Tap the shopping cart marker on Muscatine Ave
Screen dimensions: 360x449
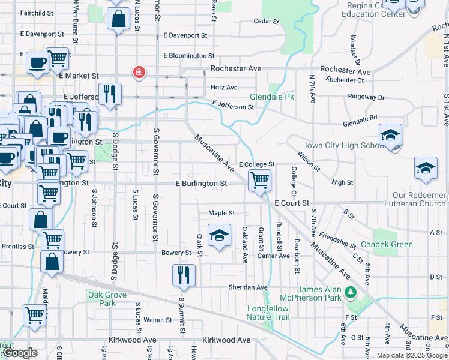(x=259, y=180)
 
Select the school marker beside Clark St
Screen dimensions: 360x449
(x=219, y=235)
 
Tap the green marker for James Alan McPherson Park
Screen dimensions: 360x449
(x=350, y=293)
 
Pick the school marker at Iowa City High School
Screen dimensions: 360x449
(x=390, y=136)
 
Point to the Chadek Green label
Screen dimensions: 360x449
(x=387, y=244)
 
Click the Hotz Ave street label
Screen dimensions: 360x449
(x=224, y=87)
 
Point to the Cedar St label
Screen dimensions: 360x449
(x=267, y=21)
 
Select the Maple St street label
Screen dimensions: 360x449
(x=221, y=213)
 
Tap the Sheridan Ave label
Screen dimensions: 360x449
(x=247, y=287)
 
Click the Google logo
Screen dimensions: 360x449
(x=20, y=353)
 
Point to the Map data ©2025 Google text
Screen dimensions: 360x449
(x=412, y=355)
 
